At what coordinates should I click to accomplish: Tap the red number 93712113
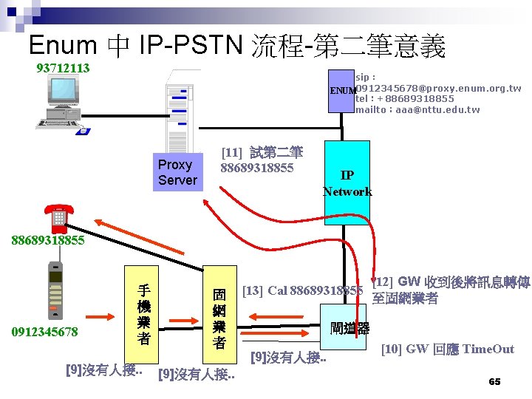pyautogui.click(x=64, y=69)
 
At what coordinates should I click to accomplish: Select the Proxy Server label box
pyautogui.click(x=177, y=172)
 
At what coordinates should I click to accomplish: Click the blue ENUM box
pyautogui.click(x=342, y=91)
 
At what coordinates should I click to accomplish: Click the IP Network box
pyautogui.click(x=347, y=183)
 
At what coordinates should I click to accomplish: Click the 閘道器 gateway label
pyautogui.click(x=350, y=328)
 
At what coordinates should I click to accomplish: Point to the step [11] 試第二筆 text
pyautogui.click(x=262, y=153)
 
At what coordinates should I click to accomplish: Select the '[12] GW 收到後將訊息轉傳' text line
pyautogui.click(x=451, y=282)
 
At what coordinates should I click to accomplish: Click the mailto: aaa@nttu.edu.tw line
pyautogui.click(x=417, y=109)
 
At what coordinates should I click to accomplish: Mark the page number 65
pyautogui.click(x=494, y=381)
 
